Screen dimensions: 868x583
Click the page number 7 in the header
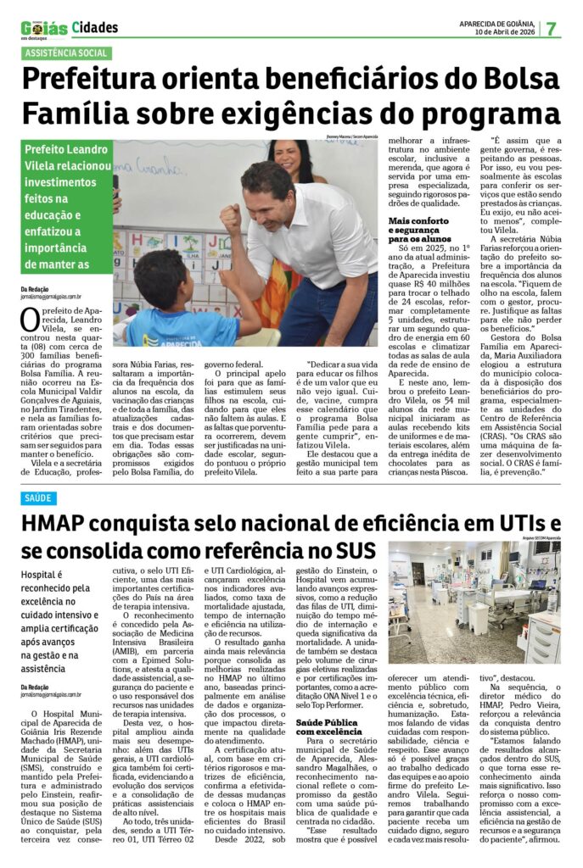coord(552,28)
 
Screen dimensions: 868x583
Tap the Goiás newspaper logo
coord(44,29)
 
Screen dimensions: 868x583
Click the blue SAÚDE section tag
coord(38,498)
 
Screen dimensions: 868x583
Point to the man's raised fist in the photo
coord(230,217)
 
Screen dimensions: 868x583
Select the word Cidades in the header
coord(95,28)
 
